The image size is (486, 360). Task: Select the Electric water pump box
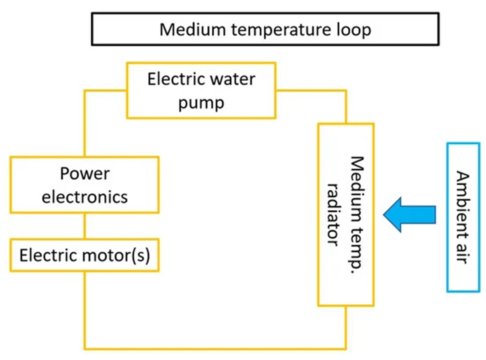(x=201, y=91)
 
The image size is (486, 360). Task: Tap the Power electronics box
(x=84, y=185)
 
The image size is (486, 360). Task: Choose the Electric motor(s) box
(x=84, y=255)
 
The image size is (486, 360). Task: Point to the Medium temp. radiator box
(x=346, y=214)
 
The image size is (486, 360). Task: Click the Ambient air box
(x=463, y=217)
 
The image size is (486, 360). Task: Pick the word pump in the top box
(x=201, y=102)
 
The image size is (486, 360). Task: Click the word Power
(x=85, y=174)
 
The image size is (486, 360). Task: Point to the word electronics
(x=85, y=197)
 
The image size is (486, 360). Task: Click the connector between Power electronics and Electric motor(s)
(x=84, y=226)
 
